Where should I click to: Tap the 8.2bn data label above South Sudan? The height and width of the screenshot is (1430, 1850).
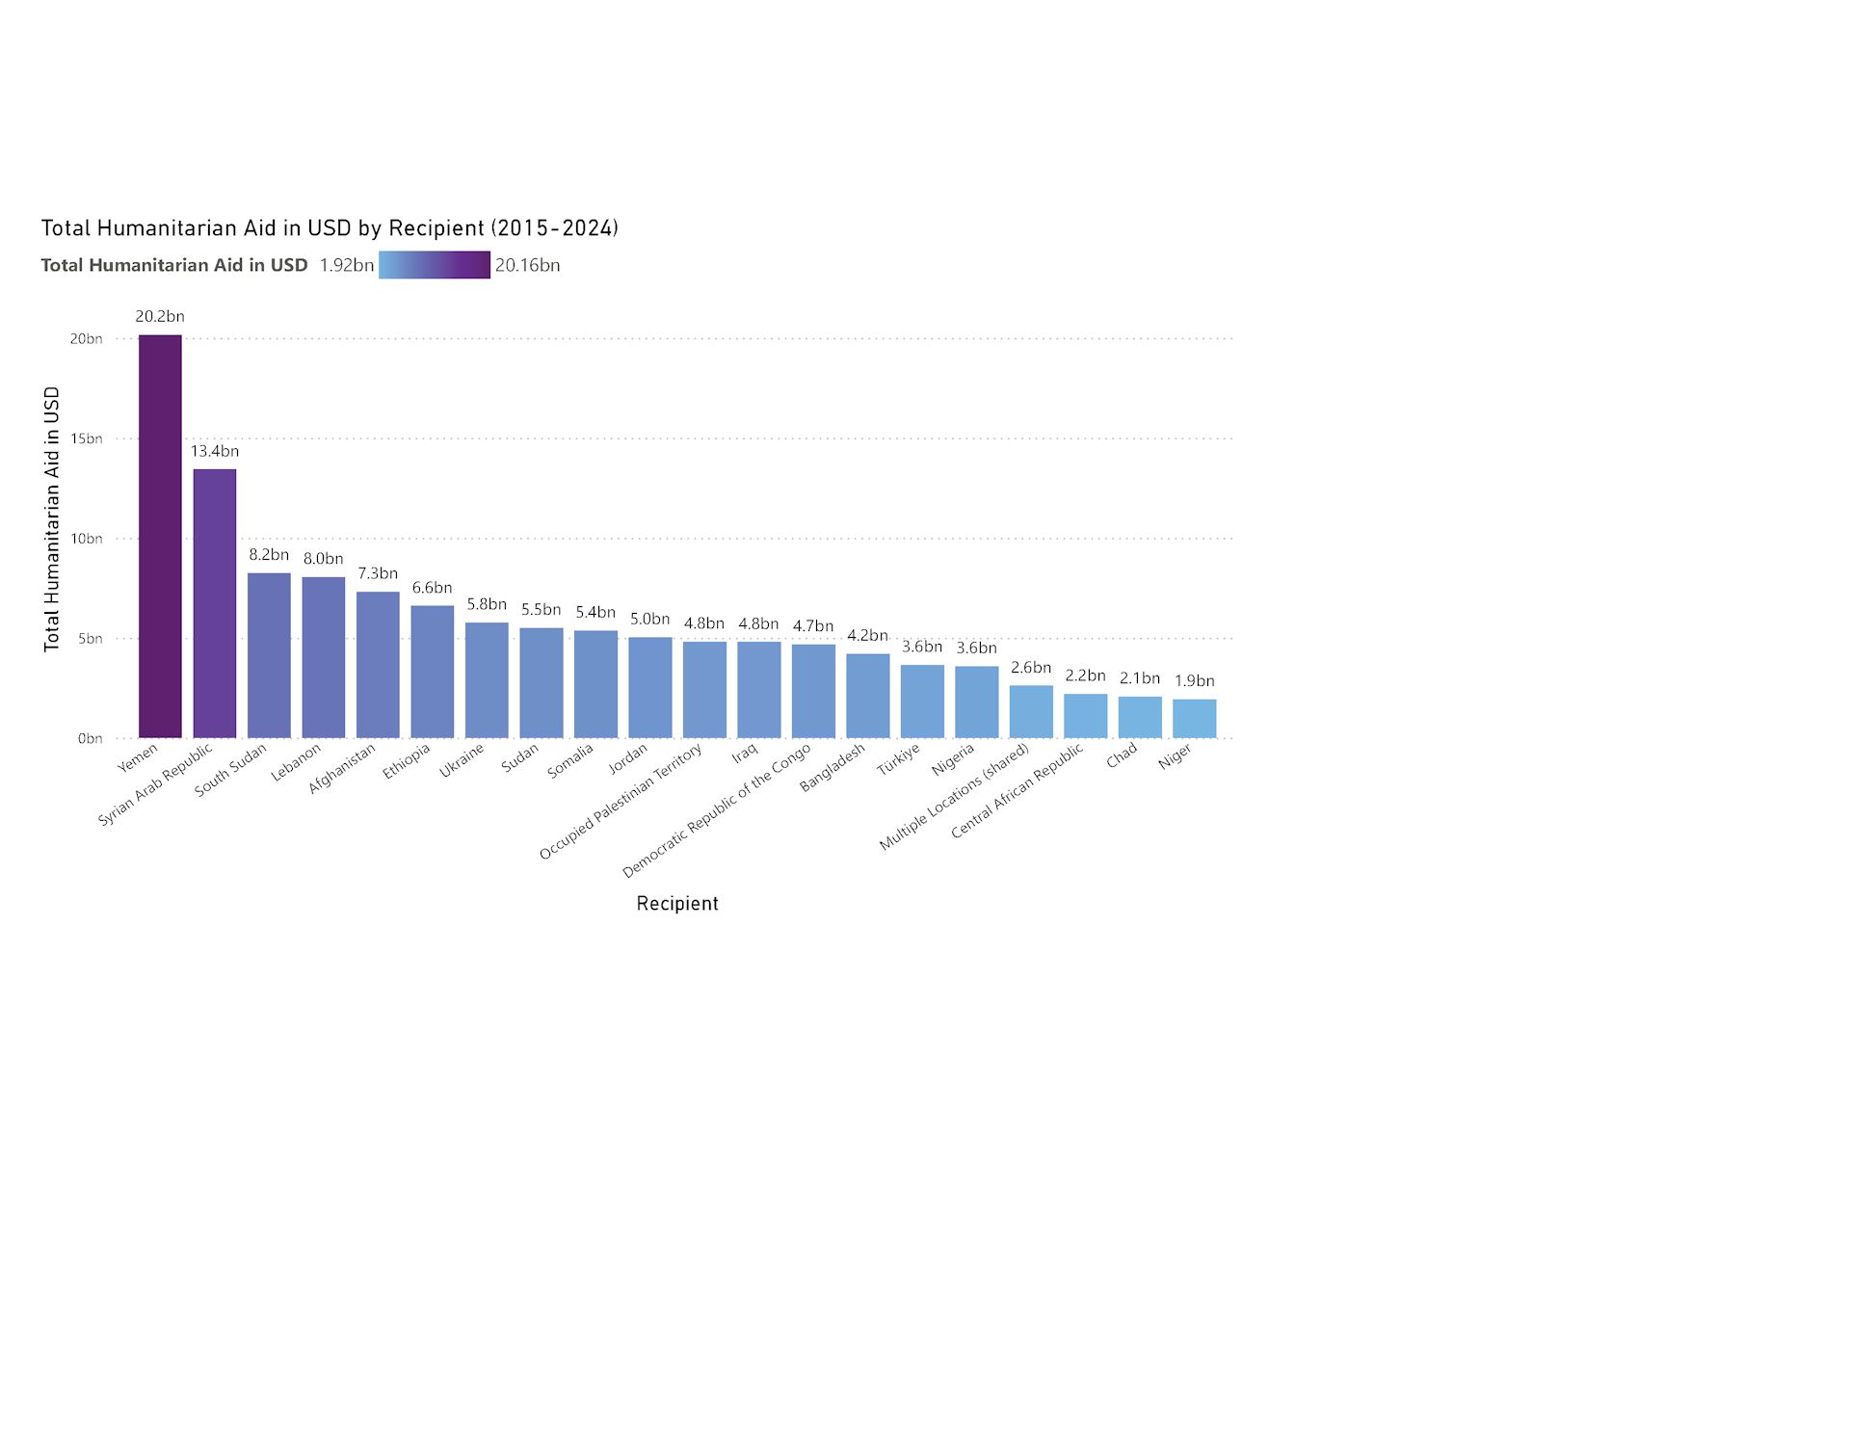269,555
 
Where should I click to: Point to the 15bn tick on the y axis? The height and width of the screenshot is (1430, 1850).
86,438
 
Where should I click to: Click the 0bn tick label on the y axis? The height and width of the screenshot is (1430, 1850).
90,738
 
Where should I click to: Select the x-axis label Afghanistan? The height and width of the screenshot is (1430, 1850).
342,768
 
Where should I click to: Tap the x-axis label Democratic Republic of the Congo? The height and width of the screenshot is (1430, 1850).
717,810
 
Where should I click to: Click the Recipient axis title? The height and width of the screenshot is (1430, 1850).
676,904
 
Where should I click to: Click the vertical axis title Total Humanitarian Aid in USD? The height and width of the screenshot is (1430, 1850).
52,519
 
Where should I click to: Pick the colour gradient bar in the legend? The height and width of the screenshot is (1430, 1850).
434,265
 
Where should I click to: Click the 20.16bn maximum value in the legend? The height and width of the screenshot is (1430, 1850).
527,265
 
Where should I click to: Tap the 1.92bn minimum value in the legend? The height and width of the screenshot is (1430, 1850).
346,265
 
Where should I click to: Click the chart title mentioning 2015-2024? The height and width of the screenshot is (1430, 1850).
330,228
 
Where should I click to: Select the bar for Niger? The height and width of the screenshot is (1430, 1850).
1194,719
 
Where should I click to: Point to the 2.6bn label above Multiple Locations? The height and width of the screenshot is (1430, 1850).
1030,668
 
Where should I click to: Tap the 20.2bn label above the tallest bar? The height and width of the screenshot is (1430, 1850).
160,316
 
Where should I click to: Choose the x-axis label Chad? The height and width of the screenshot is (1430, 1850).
1122,755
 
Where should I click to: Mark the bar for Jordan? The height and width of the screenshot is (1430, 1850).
649,688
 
